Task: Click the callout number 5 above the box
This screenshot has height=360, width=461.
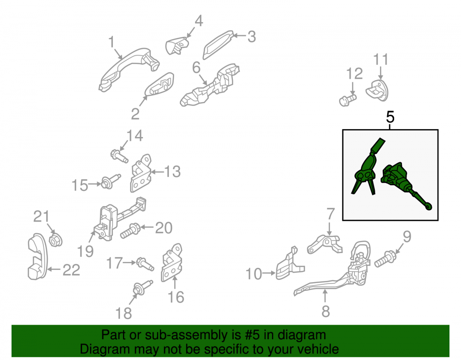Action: (x=390, y=117)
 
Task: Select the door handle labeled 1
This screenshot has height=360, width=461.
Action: (x=129, y=69)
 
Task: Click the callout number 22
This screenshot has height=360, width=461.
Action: (x=71, y=270)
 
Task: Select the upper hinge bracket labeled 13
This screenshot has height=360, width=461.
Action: (x=141, y=173)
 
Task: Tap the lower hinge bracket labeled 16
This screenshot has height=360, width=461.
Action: (x=171, y=262)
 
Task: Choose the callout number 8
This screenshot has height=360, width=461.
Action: (x=325, y=311)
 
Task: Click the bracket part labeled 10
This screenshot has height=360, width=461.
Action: (x=289, y=264)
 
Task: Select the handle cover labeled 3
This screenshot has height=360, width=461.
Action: (x=218, y=45)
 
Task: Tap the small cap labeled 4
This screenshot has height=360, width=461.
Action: (x=177, y=46)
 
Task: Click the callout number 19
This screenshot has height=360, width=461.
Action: (x=85, y=251)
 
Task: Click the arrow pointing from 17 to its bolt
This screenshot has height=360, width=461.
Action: (x=130, y=262)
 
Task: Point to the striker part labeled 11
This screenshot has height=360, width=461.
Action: (x=377, y=90)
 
